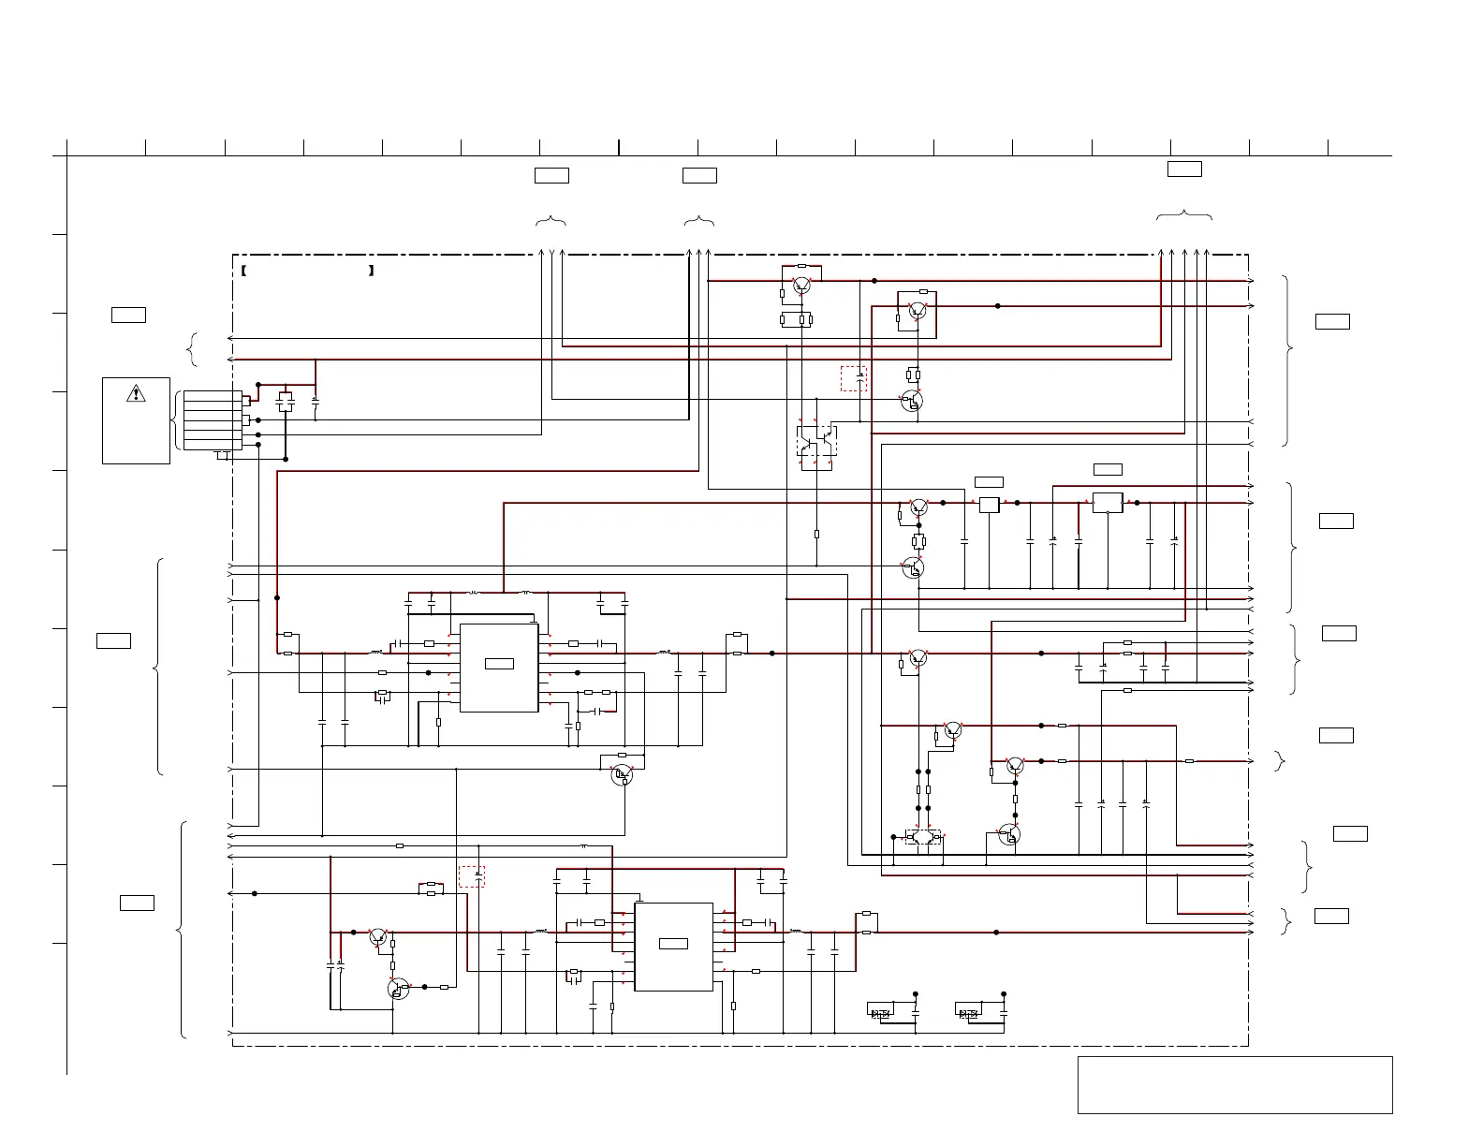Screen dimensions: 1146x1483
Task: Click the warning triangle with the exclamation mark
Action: pyautogui.click(x=136, y=393)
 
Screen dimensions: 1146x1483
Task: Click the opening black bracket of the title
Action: pyautogui.click(x=242, y=271)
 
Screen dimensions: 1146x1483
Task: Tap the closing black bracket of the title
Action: pyautogui.click(x=372, y=271)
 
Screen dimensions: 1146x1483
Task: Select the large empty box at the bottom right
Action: pyautogui.click(x=1235, y=1084)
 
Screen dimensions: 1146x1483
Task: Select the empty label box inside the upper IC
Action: pyautogui.click(x=499, y=664)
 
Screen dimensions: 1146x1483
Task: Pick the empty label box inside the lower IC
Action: pyautogui.click(x=673, y=943)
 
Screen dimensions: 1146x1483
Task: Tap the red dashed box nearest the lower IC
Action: pyautogui.click(x=472, y=876)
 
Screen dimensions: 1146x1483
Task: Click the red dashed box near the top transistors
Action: pyautogui.click(x=854, y=378)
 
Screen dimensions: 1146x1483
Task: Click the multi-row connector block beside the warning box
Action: pyautogui.click(x=213, y=420)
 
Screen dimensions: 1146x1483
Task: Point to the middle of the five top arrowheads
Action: pyautogui.click(x=1184, y=253)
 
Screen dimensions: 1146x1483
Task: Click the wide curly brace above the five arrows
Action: pyautogui.click(x=1184, y=216)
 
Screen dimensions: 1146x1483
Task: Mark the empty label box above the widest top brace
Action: pyautogui.click(x=1184, y=169)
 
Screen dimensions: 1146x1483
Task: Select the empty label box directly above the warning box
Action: pyautogui.click(x=128, y=315)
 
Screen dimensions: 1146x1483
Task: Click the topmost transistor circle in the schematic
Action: pyautogui.click(x=801, y=285)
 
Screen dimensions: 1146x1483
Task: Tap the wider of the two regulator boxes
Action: pyautogui.click(x=1108, y=503)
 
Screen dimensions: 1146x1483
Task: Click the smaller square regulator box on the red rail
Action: pyautogui.click(x=990, y=505)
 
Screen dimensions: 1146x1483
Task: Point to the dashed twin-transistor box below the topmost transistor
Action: pyautogui.click(x=816, y=441)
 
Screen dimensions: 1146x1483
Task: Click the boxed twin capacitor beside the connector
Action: pyautogui.click(x=286, y=403)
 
